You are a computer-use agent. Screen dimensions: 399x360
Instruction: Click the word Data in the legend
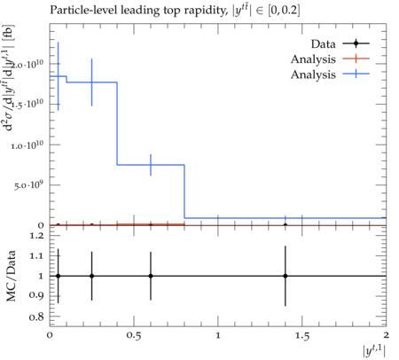coord(323,44)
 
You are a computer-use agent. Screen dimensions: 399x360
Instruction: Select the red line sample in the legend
coord(356,59)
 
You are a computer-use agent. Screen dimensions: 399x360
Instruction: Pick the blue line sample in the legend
coord(356,74)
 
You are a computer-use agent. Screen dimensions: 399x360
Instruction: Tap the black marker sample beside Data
coord(356,43)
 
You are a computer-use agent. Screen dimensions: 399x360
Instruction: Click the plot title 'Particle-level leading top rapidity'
coord(138,11)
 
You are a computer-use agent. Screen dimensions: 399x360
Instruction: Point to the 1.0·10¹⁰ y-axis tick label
coord(27,145)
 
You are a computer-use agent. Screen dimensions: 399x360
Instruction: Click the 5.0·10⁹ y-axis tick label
coord(29,185)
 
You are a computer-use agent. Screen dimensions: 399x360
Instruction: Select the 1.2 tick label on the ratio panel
coord(36,236)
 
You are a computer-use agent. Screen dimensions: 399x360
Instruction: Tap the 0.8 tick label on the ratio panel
coord(36,317)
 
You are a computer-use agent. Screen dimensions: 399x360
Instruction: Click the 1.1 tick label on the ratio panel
coord(36,256)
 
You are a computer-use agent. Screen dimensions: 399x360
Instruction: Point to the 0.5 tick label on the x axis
coord(134,336)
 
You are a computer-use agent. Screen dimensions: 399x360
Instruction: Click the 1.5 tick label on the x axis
coord(302,336)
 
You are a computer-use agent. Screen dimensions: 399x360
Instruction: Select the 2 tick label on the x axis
coord(386,335)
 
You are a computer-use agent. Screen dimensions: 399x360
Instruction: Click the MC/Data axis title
coord(11,276)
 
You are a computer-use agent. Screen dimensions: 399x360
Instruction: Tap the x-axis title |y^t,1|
coord(374,351)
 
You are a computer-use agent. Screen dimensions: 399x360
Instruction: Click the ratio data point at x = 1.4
coord(286,276)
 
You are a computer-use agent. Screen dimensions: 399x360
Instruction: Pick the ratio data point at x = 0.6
coord(151,276)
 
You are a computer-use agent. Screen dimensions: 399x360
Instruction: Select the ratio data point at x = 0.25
coord(92,276)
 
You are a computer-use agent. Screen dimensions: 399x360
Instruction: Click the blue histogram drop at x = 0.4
coord(117,123)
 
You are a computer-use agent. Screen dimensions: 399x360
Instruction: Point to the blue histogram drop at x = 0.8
coord(184,192)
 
